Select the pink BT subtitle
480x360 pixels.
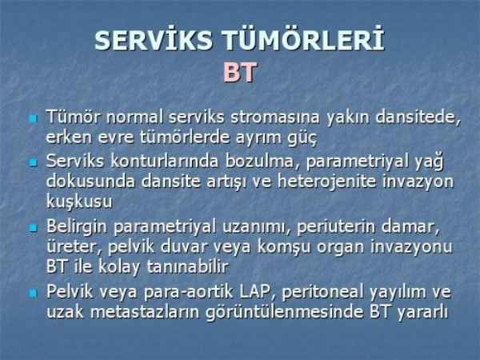(x=240, y=72)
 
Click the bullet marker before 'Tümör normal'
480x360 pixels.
(x=33, y=118)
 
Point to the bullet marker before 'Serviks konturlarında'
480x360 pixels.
(x=33, y=162)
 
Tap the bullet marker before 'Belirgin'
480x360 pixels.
(x=33, y=227)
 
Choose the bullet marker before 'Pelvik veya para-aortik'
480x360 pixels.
(x=33, y=293)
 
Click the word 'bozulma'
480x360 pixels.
(x=259, y=162)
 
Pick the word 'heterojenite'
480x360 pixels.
(x=326, y=182)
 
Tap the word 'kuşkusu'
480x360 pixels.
(x=79, y=202)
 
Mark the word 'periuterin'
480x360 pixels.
(x=336, y=227)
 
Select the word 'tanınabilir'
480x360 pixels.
(x=187, y=266)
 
